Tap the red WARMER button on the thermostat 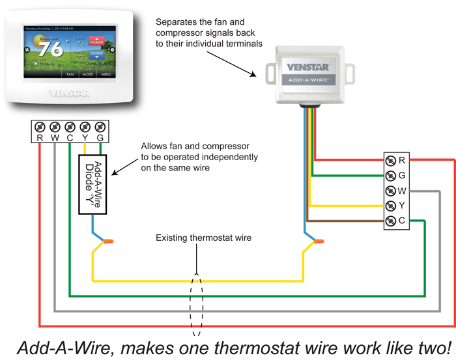(96, 40)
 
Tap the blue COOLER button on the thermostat (96, 55)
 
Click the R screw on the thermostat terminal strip (40, 126)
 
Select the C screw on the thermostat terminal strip (70, 126)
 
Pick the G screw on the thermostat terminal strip (100, 126)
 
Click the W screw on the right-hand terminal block (390, 191)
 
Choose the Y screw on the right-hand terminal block (390, 206)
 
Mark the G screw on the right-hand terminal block (390, 175)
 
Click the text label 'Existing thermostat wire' (203, 238)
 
